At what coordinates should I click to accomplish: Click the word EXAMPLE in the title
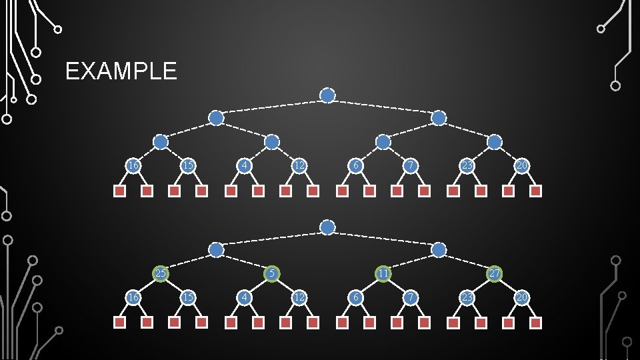click(121, 71)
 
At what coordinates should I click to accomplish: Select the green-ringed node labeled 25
click(161, 273)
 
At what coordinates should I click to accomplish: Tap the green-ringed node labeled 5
click(271, 273)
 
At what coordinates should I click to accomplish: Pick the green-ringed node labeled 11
click(383, 273)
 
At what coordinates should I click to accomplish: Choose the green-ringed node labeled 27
click(494, 273)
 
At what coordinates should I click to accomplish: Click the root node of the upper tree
click(327, 96)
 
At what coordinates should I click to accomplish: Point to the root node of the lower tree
click(327, 227)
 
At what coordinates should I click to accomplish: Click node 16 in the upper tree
click(133, 165)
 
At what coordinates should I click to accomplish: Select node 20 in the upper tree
click(522, 165)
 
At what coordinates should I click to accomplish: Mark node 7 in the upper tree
click(411, 165)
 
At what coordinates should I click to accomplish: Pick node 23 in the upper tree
click(467, 165)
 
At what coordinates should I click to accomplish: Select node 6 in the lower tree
click(356, 297)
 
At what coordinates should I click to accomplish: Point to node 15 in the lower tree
click(189, 297)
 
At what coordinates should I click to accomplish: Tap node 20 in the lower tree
click(522, 297)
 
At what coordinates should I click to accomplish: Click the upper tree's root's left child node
click(216, 118)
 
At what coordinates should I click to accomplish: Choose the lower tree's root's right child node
click(439, 249)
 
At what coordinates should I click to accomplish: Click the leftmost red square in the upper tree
click(119, 191)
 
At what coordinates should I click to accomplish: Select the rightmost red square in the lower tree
click(535, 323)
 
